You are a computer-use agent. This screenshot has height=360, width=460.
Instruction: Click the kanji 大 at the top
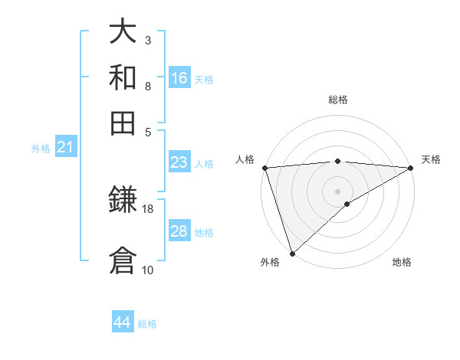point(123,32)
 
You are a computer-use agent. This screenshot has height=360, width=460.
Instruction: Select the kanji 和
point(123,77)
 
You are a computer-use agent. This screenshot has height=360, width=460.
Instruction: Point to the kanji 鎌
point(123,200)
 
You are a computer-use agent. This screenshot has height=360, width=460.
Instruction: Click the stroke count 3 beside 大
point(148,40)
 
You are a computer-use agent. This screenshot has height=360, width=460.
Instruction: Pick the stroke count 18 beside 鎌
point(148,208)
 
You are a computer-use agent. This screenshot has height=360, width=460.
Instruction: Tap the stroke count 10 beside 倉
point(148,270)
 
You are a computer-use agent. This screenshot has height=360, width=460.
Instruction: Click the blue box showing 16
point(179,77)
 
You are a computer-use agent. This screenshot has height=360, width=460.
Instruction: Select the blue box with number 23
point(179,162)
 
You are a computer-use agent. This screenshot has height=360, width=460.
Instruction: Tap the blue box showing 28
point(179,231)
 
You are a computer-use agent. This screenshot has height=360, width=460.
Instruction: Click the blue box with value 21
point(65,147)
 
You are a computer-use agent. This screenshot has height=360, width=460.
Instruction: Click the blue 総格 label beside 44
point(147,324)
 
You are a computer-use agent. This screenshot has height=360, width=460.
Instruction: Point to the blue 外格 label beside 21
point(40,149)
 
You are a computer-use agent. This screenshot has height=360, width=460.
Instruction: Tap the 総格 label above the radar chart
point(337,100)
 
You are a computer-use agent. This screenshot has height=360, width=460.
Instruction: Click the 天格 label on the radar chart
point(431,159)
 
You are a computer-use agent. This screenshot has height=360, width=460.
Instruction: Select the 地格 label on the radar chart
point(402,262)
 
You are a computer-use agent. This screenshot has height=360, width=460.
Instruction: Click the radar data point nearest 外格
point(292,254)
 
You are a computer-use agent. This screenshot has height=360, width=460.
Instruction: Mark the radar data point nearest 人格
point(264,168)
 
